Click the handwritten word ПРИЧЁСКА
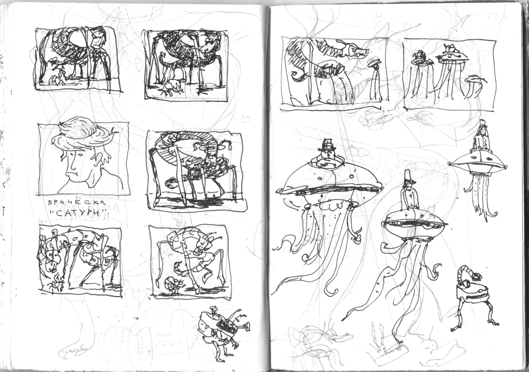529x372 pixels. click(x=77, y=203)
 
